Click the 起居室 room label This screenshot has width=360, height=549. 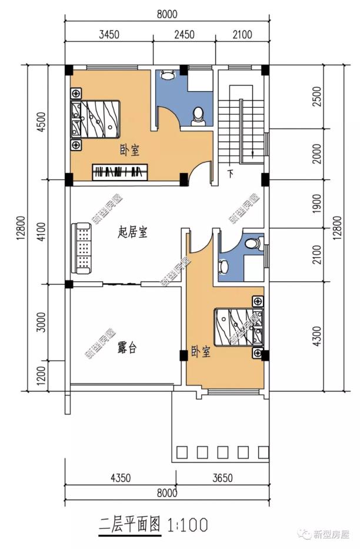coord(132,232)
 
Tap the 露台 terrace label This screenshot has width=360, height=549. coord(127,348)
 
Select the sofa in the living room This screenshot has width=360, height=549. coord(82,248)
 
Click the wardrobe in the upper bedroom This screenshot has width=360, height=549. coord(119,172)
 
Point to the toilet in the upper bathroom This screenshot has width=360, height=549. coord(198,117)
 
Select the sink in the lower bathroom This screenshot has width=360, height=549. coord(223,266)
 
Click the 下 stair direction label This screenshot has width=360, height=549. coord(230,174)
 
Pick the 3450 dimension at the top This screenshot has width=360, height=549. coord(109,34)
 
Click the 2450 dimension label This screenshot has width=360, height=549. coord(184,34)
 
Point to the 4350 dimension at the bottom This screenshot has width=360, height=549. coord(121,477)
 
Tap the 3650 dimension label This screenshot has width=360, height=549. coord(222,477)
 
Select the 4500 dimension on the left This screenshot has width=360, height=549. coord(41,122)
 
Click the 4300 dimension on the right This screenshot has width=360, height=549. coord(316,337)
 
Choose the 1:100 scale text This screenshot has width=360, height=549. coord(188,525)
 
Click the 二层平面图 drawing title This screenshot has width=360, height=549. coord(130,525)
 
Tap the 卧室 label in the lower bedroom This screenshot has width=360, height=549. coord(201,351)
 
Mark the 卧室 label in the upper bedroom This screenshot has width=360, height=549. coord(130,150)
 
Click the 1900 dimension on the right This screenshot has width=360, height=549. coord(316,204)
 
